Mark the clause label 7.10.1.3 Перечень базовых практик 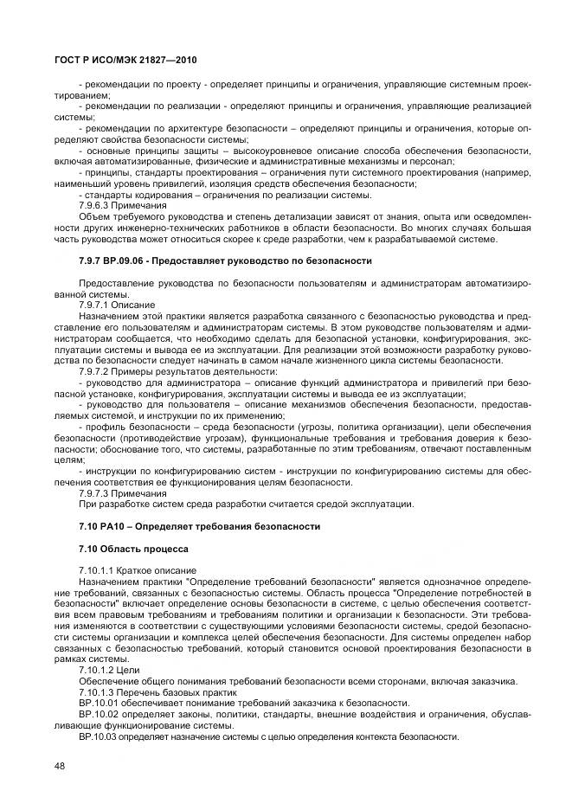[152, 692]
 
